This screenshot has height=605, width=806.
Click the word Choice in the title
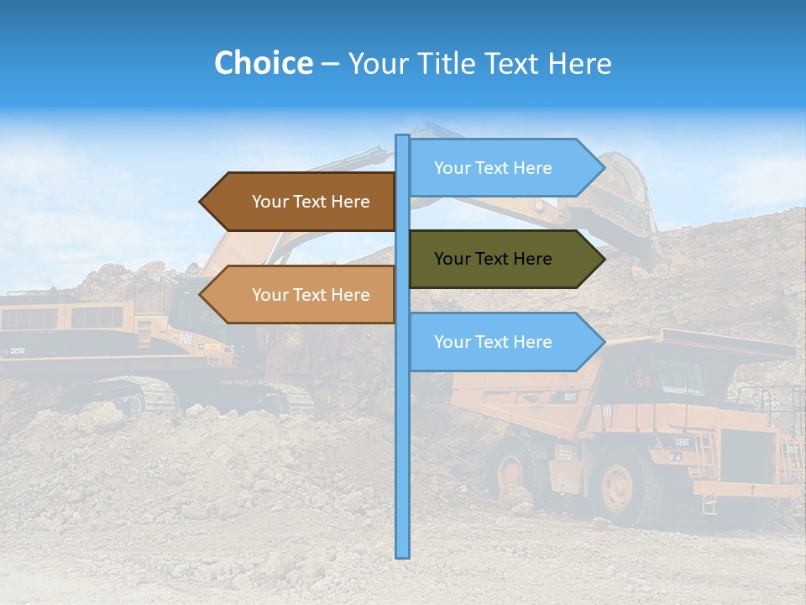tap(263, 63)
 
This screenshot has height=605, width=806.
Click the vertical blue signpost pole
tap(402, 420)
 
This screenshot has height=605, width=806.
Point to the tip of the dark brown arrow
tap(201, 202)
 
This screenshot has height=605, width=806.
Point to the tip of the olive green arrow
tap(603, 259)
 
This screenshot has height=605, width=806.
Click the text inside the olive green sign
tap(493, 259)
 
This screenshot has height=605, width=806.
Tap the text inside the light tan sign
tap(311, 295)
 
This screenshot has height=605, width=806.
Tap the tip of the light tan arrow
tap(201, 295)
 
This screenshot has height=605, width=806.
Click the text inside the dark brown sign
tap(311, 202)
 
